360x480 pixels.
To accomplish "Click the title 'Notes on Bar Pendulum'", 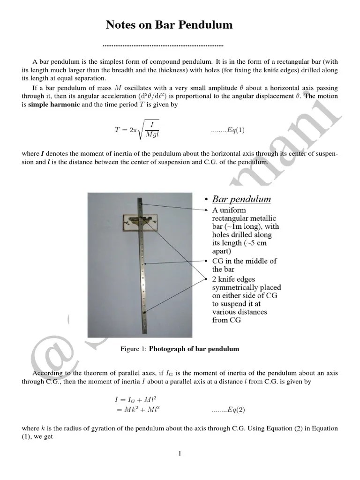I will [x=169, y=25].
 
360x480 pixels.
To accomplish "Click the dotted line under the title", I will [x=163, y=46].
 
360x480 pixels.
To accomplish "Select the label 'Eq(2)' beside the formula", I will [x=228, y=409].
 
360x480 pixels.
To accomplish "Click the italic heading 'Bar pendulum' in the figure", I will [x=241, y=199].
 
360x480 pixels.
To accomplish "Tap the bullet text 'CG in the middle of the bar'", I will [x=244, y=265].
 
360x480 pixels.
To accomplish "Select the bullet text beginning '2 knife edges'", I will [x=246, y=295].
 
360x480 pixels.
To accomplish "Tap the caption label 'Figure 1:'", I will [x=134, y=349].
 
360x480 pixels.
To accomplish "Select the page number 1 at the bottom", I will [x=180, y=453].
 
